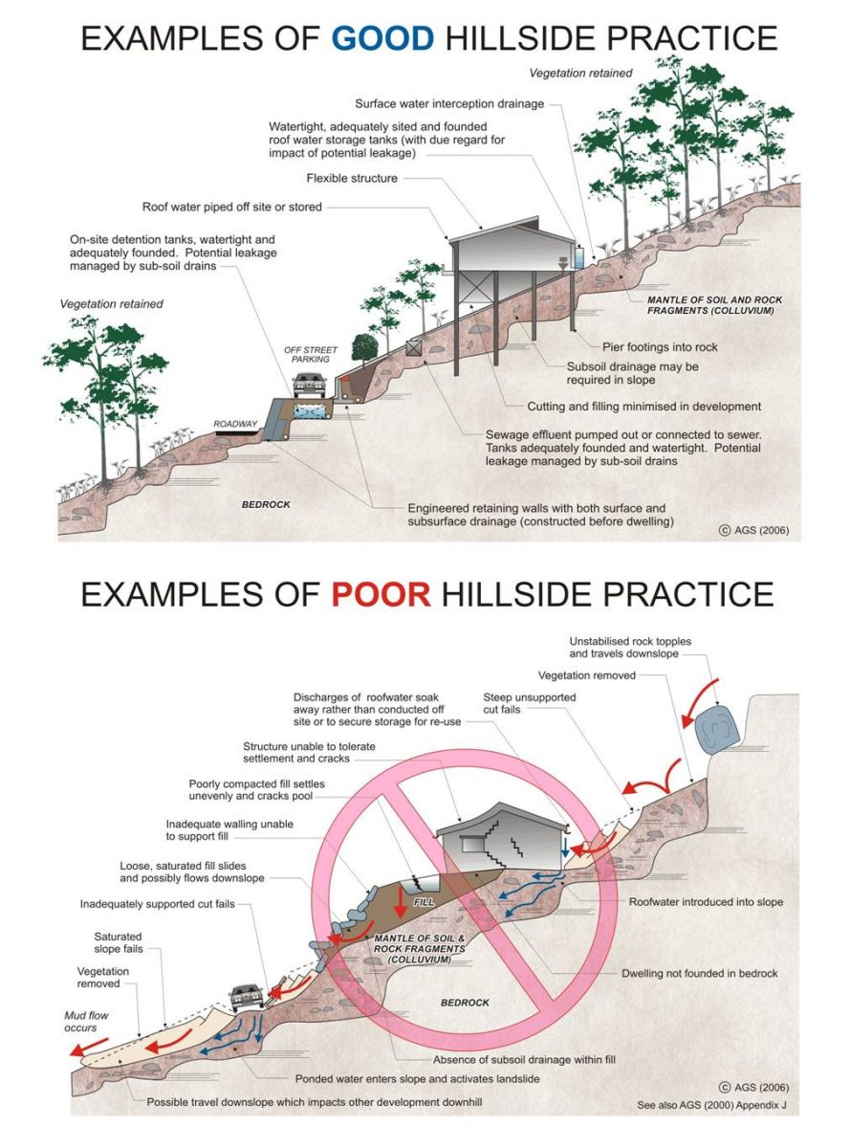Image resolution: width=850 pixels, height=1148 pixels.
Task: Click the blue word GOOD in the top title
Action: tap(382, 38)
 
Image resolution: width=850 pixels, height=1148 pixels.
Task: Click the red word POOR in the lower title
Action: tap(381, 593)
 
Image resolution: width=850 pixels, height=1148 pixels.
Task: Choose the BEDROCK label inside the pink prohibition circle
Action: tap(465, 1003)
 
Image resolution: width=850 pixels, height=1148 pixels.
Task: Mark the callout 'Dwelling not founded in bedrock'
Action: tap(699, 973)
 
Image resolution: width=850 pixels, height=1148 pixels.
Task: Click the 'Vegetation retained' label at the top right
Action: tap(580, 73)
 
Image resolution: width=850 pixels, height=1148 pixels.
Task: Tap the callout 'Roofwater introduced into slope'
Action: tap(707, 901)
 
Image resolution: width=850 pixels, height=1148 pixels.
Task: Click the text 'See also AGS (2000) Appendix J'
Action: tap(713, 1105)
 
